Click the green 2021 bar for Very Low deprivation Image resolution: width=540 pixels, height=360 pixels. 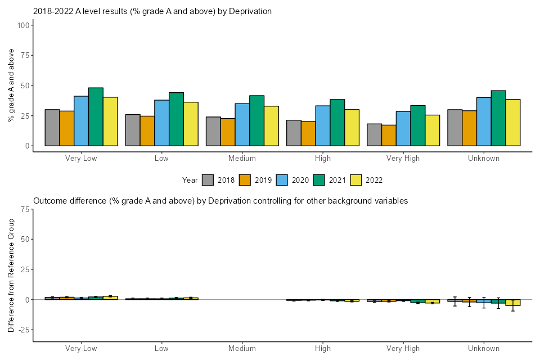96,116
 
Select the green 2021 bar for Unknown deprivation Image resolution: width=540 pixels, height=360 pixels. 498,118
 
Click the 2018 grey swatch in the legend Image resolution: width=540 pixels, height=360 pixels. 208,180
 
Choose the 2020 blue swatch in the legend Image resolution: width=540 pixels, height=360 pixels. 282,180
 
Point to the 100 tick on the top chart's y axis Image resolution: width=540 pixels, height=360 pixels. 23,25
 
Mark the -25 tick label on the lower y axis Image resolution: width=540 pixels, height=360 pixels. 23,330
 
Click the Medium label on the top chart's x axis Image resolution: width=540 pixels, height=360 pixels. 242,158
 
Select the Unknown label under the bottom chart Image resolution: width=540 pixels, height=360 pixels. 484,349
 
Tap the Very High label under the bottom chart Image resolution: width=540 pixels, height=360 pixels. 403,349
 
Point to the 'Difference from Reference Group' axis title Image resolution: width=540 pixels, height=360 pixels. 11,276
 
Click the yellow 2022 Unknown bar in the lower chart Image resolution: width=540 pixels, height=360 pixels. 513,303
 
